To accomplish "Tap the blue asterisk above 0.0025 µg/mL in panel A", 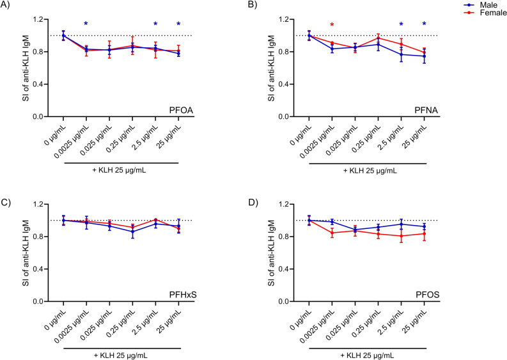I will (x=86, y=25).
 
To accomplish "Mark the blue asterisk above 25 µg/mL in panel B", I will (x=424, y=25).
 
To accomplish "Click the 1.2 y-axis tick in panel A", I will (x=45, y=19).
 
